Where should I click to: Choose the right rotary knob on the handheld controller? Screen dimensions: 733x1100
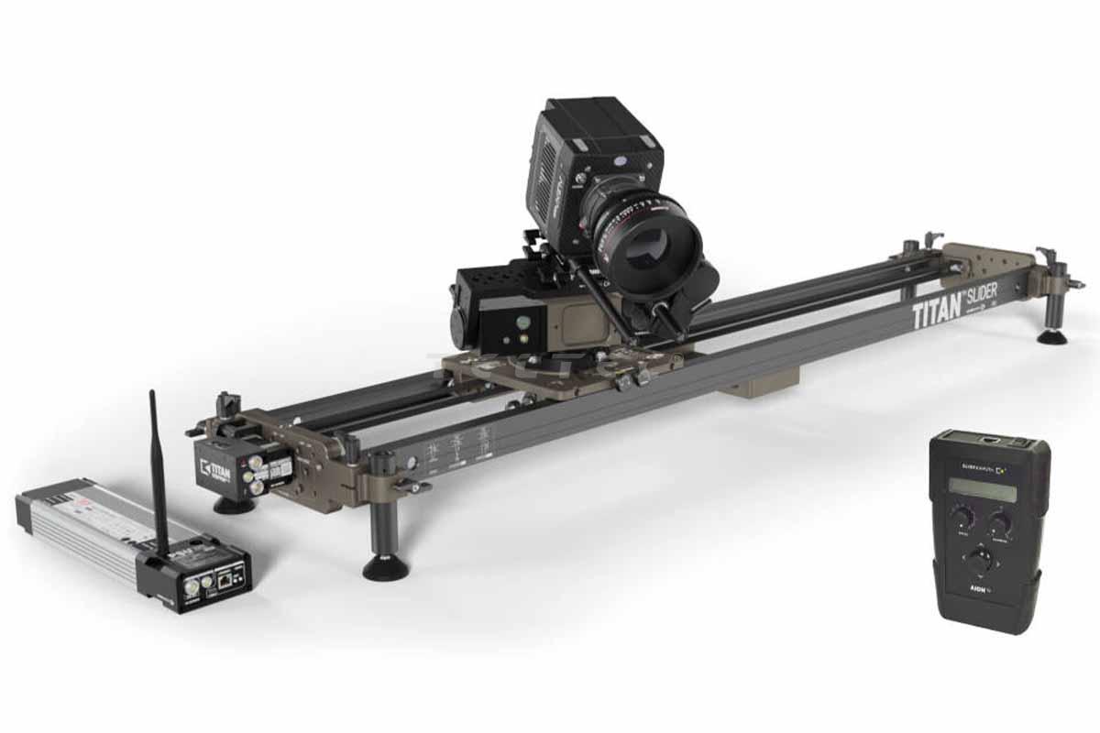[x=999, y=523]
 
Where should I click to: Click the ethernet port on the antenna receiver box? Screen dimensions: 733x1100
[x=224, y=578]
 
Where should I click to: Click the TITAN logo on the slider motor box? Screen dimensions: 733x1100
[x=218, y=466]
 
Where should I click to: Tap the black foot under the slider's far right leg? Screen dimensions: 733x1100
[x=1052, y=336]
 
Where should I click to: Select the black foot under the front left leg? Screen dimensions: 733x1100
[x=385, y=568]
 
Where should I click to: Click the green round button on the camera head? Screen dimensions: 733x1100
[x=521, y=322]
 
